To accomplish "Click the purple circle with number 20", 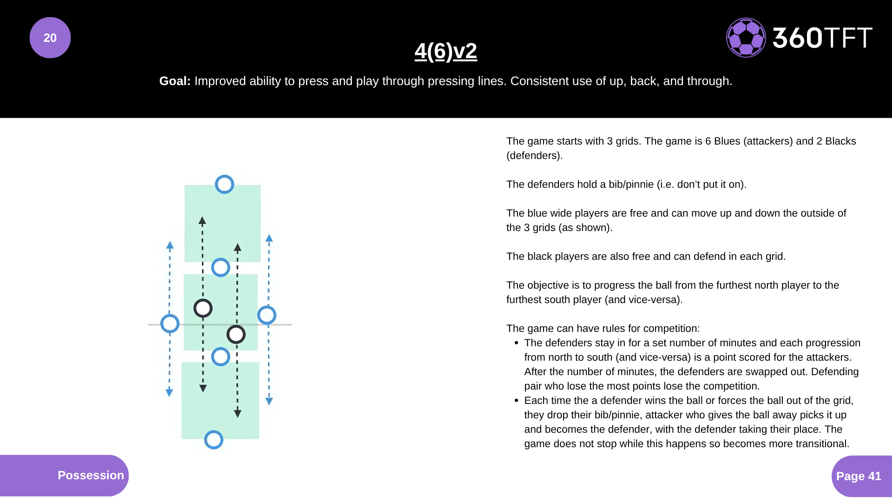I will tap(50, 38).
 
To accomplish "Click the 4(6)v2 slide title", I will tap(446, 51).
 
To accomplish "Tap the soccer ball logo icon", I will tap(746, 38).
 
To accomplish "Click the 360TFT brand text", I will tap(822, 38).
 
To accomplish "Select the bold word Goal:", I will tap(175, 81).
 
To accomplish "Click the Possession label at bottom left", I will tap(91, 475).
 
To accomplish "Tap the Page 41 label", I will tap(859, 476).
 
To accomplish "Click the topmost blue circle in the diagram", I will tap(224, 185).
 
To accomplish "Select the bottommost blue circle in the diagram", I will tap(214, 440).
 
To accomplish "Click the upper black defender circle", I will tap(203, 308).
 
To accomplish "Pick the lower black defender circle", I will tap(236, 334).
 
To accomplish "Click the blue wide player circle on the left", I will tap(170, 324).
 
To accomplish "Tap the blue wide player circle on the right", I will tap(267, 315).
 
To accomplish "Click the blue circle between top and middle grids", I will tap(221, 268).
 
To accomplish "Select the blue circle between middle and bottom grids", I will tap(221, 357).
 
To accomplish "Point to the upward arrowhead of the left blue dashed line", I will tap(170, 245).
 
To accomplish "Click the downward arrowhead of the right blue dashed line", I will tap(269, 401).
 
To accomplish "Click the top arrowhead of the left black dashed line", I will tap(202, 221).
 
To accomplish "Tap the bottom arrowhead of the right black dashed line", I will tap(237, 413).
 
